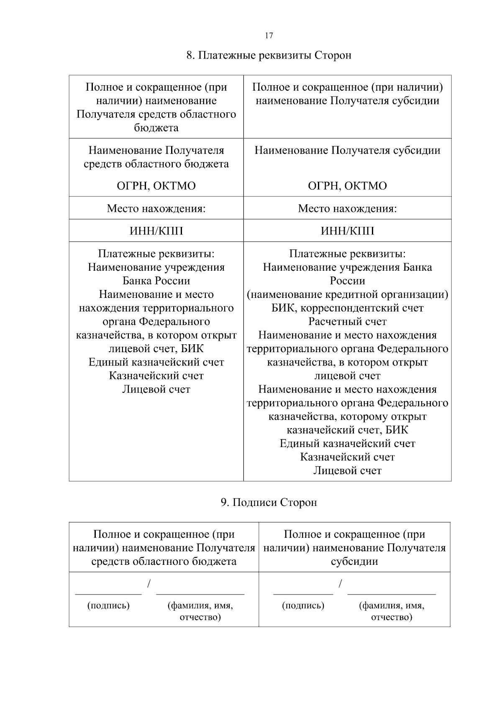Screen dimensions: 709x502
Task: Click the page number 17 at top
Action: click(269, 36)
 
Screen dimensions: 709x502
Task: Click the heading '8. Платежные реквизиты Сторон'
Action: click(269, 56)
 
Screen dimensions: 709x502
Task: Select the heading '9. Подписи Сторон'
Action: click(269, 502)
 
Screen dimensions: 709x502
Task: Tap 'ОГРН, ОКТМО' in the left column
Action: click(156, 186)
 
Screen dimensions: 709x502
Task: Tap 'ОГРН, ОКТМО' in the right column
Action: click(347, 186)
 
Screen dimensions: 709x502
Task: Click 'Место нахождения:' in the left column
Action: click(156, 208)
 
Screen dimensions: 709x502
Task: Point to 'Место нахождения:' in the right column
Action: click(347, 208)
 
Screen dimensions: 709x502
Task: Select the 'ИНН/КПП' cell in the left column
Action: click(156, 231)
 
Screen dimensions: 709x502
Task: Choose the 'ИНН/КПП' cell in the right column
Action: click(347, 231)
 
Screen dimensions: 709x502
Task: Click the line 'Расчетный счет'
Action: click(347, 322)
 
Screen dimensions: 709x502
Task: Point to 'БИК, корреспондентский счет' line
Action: click(347, 308)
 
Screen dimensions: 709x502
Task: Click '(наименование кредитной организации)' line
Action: click(347, 295)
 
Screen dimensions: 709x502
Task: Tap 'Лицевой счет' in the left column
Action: click(156, 389)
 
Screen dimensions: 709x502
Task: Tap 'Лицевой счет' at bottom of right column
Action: click(347, 471)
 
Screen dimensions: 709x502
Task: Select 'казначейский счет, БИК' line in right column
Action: click(347, 430)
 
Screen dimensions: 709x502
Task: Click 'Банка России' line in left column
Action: click(156, 281)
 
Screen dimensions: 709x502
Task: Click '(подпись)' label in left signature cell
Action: click(108, 605)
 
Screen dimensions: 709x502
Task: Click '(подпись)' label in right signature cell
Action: click(303, 605)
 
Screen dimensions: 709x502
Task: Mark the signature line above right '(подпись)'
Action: click(303, 594)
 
